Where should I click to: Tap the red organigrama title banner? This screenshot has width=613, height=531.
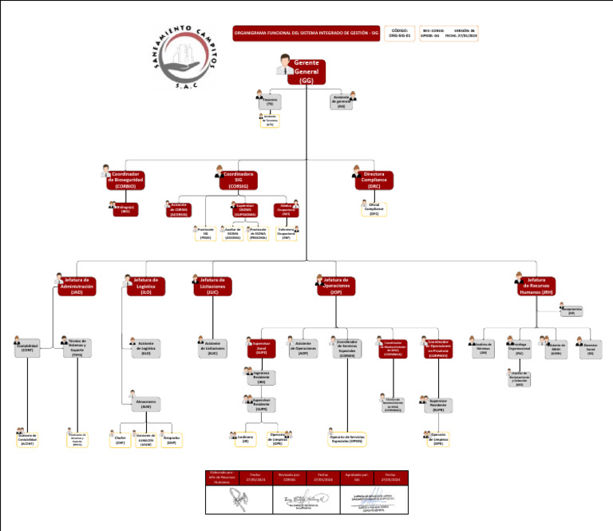pyautogui.click(x=306, y=34)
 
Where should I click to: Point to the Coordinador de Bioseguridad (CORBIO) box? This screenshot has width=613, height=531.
pyautogui.click(x=126, y=180)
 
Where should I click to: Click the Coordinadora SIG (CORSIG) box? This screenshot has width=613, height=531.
pyautogui.click(x=239, y=180)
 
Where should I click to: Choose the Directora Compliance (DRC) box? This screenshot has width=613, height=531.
pyautogui.click(x=374, y=180)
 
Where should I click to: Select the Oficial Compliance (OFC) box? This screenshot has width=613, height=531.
pyautogui.click(x=374, y=208)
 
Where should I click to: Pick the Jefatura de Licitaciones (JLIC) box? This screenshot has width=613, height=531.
pyautogui.click(x=212, y=286)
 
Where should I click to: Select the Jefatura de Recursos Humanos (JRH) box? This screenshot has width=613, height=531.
pyautogui.click(x=536, y=286)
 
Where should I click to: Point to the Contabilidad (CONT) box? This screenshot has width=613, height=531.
pyautogui.click(x=27, y=347)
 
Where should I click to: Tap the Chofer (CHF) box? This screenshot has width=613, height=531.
pyautogui.click(x=121, y=439)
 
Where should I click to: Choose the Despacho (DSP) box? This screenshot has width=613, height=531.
pyautogui.click(x=171, y=439)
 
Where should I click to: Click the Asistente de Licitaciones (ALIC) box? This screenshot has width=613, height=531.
pyautogui.click(x=212, y=347)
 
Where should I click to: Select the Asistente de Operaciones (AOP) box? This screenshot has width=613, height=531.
pyautogui.click(x=303, y=347)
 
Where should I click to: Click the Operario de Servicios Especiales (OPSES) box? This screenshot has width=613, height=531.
pyautogui.click(x=346, y=439)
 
